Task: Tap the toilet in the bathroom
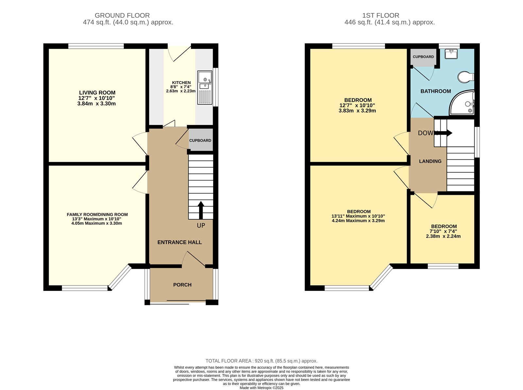(x=465, y=77)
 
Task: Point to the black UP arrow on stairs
(x=201, y=210)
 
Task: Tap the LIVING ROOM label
(x=97, y=93)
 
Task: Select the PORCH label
(x=182, y=285)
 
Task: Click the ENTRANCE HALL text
(x=179, y=242)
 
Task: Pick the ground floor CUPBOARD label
(x=200, y=141)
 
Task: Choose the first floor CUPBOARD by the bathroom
(x=423, y=57)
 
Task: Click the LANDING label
(x=430, y=161)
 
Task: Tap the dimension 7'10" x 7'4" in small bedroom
(x=443, y=231)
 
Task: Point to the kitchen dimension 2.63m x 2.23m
(x=181, y=91)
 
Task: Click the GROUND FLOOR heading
(x=122, y=15)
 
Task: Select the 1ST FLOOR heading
(x=380, y=15)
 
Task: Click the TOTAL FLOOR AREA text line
(x=261, y=361)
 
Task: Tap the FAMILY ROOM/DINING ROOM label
(x=97, y=215)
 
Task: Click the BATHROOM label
(x=435, y=91)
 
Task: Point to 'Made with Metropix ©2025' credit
(x=261, y=388)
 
